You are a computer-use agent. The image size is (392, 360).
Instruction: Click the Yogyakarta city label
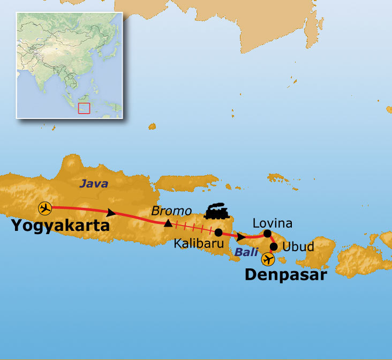tap(60, 226)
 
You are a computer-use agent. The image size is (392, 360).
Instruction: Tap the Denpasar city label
tap(285, 275)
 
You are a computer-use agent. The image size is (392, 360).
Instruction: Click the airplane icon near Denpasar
tap(268, 260)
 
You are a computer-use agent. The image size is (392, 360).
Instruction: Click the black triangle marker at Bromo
tap(168, 223)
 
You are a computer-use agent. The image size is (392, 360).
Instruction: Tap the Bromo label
tap(170, 210)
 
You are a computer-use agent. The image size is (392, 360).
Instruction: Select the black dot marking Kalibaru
tap(218, 232)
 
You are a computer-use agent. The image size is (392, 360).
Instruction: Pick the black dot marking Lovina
tap(268, 233)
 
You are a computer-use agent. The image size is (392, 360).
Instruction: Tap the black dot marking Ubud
tap(274, 247)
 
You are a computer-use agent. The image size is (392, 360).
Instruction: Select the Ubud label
tap(298, 247)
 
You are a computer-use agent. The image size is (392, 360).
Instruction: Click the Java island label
tap(93, 184)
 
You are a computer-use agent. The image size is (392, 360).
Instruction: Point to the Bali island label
tap(246, 252)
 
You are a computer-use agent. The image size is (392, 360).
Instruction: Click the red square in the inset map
tap(84, 108)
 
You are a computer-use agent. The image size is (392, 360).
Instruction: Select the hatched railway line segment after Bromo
tap(193, 228)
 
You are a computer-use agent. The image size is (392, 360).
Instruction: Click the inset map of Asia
tap(70, 64)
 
